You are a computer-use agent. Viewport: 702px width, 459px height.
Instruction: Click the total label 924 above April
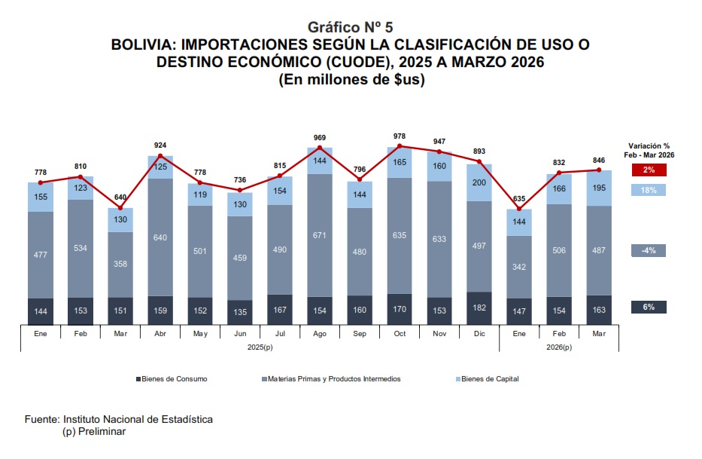tap(160, 145)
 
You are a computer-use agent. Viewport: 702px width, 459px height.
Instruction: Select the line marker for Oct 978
tap(400, 146)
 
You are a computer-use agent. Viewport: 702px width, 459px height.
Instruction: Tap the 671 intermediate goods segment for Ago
tap(319, 236)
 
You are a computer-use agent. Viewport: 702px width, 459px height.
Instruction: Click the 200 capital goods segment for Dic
tap(479, 182)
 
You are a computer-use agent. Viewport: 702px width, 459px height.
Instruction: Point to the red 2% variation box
tap(649, 170)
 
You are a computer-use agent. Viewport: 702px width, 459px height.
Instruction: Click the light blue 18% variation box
tap(649, 190)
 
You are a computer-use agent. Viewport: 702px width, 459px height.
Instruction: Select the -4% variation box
tap(649, 250)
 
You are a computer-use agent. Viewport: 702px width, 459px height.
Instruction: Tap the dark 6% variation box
tap(649, 307)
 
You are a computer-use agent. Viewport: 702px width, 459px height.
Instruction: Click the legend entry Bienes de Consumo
tap(172, 379)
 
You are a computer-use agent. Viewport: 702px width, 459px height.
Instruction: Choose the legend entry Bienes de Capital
tap(490, 379)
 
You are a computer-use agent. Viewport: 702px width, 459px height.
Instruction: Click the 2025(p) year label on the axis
tap(260, 347)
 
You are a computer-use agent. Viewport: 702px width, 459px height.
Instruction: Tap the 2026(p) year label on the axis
tap(559, 347)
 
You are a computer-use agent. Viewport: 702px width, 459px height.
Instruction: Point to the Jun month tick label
tap(239, 332)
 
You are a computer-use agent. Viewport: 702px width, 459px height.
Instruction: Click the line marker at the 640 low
tap(120, 208)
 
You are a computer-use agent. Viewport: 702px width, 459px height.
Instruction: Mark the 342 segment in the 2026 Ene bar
tap(519, 267)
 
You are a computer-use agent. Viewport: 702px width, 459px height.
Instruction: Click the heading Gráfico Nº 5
tap(351, 28)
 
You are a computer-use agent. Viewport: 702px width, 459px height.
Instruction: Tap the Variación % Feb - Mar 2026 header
tap(649, 150)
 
